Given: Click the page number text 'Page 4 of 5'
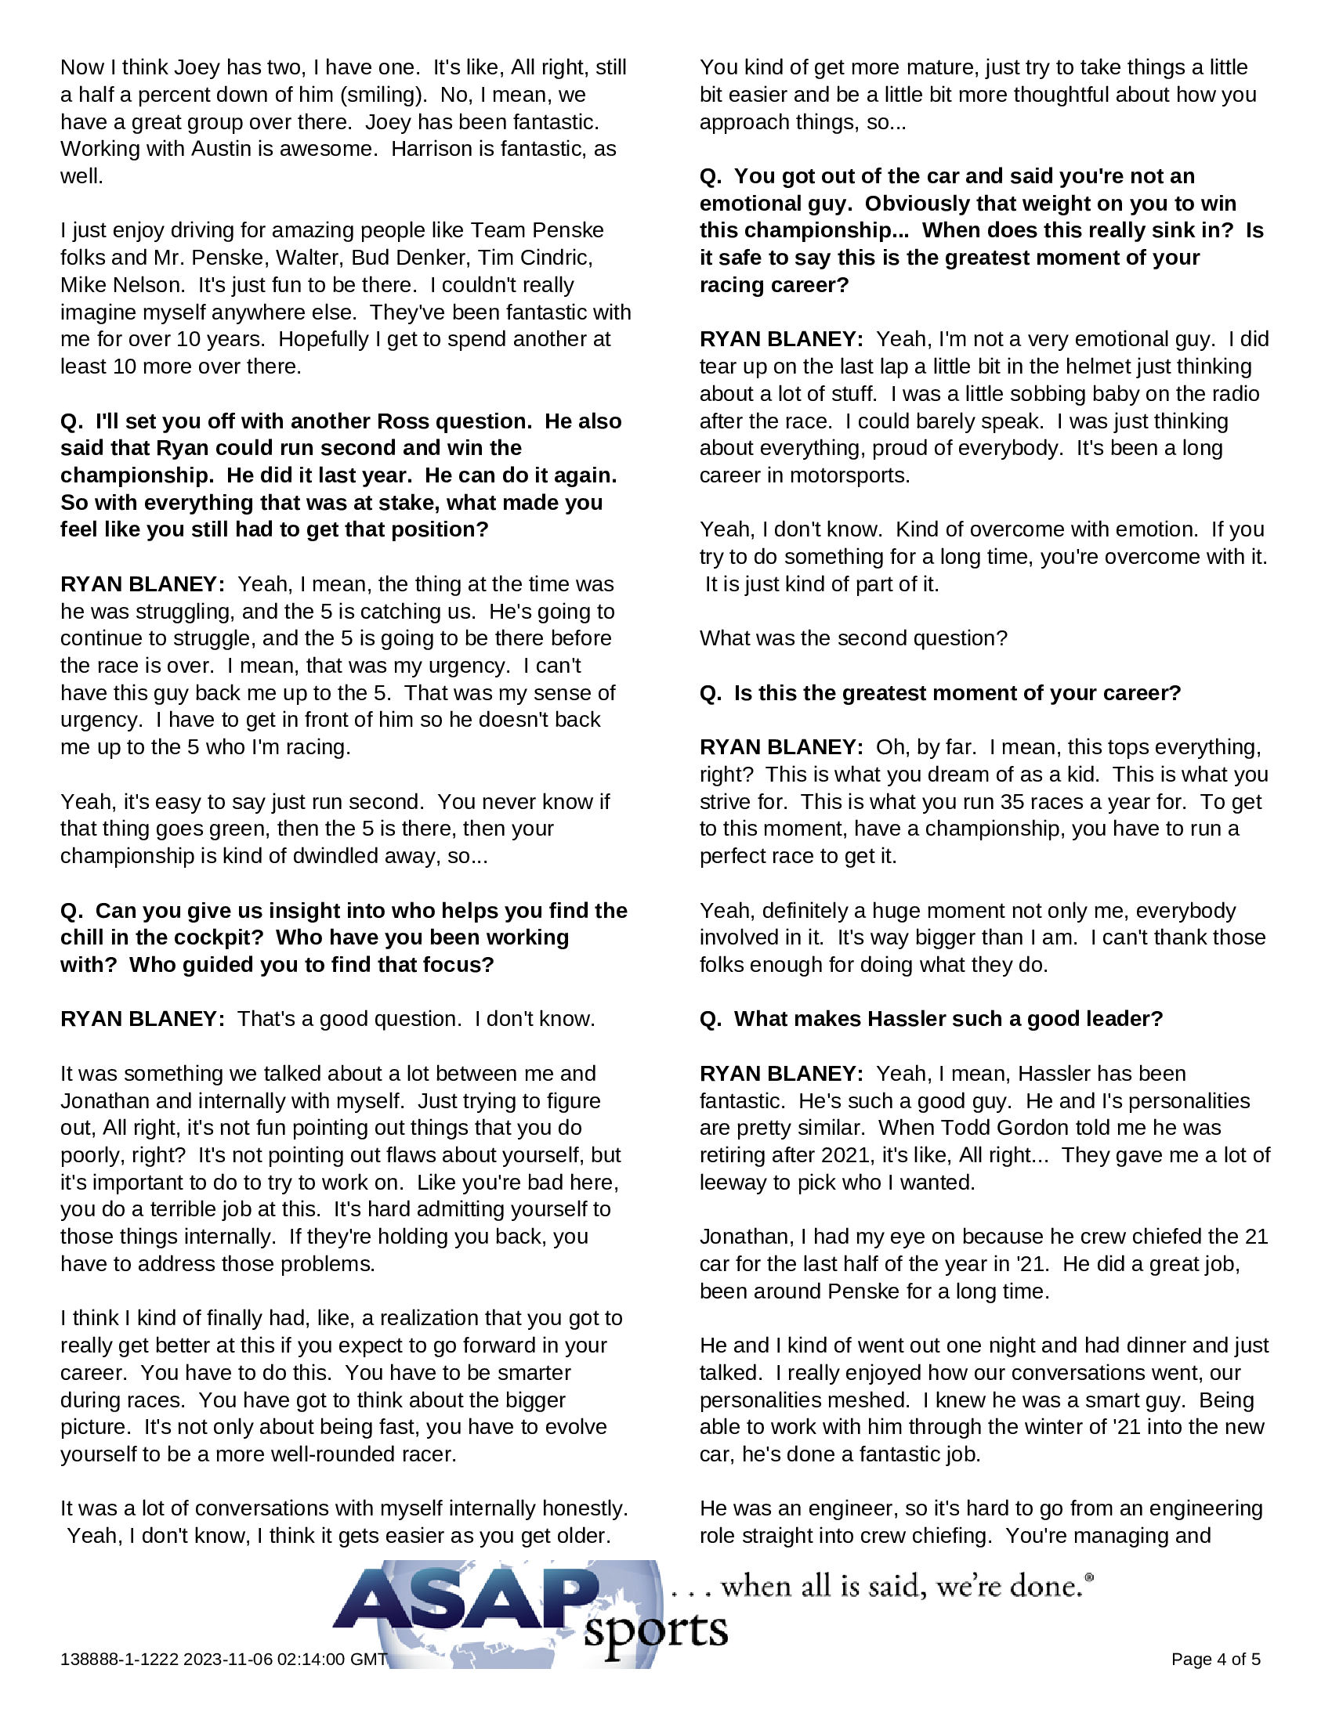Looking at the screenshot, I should coord(1215,1659).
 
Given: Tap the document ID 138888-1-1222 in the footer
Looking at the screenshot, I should coord(120,1659).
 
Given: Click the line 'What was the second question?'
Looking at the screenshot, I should coord(853,638).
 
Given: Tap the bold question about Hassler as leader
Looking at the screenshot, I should coord(931,1018).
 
